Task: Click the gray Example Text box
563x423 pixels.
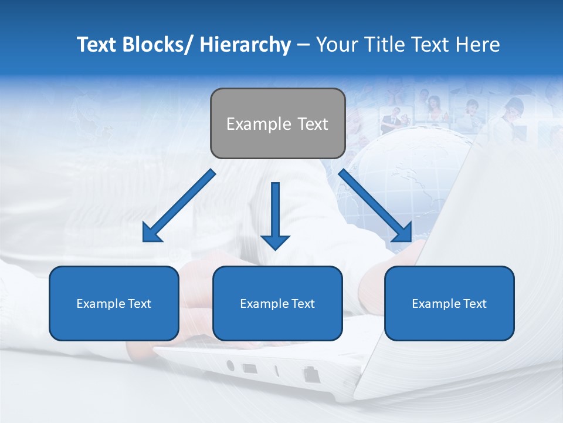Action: click(x=277, y=123)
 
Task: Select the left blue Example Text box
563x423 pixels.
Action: click(x=114, y=303)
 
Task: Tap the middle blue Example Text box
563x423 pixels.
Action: click(x=277, y=303)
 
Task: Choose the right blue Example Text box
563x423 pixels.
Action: click(x=449, y=303)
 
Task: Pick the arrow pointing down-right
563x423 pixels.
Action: click(x=375, y=206)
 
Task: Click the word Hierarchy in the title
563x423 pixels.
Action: click(x=245, y=45)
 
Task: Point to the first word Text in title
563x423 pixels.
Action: click(x=97, y=45)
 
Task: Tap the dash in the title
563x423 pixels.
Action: click(x=303, y=45)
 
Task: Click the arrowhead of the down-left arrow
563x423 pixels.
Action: click(x=151, y=234)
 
